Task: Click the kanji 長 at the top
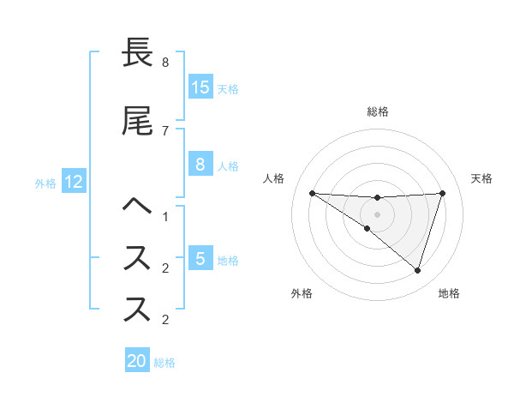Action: click(x=138, y=53)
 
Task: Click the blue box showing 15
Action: click(x=200, y=87)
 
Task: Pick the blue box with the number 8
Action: click(x=200, y=165)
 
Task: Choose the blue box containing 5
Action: click(x=200, y=258)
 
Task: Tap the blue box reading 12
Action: click(x=74, y=182)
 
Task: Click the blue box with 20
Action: click(x=137, y=361)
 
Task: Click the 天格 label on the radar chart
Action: click(x=482, y=178)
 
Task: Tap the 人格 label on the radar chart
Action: click(x=273, y=178)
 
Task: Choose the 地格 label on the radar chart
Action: click(x=449, y=293)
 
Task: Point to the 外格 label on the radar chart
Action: click(x=302, y=293)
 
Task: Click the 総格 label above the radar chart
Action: click(x=377, y=111)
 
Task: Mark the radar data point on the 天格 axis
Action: click(x=443, y=193)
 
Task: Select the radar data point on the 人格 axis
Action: click(x=312, y=193)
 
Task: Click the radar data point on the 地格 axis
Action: click(x=417, y=270)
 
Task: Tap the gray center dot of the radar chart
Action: click(x=377, y=214)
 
